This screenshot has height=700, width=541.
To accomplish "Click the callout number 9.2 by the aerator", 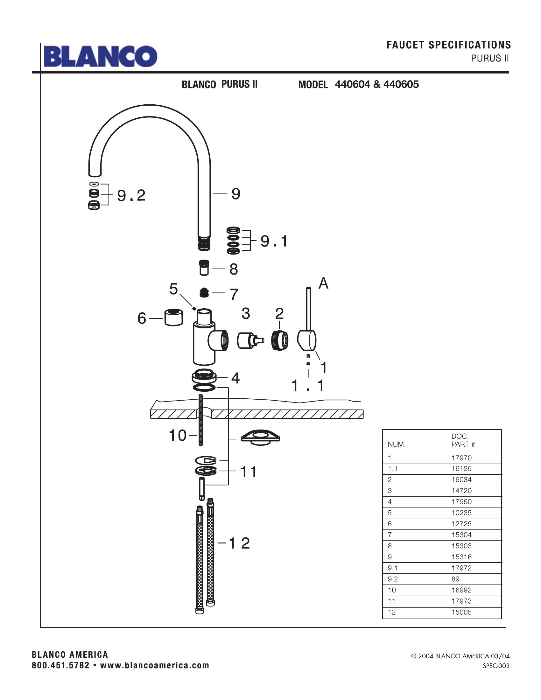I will coord(131,195).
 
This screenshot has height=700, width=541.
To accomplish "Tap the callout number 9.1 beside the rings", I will coord(274,241).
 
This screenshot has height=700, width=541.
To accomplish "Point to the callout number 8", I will coord(233,269).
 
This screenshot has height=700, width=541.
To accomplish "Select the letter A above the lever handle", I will coord(323,283).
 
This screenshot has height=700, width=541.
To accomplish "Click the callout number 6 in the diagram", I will coord(142,318).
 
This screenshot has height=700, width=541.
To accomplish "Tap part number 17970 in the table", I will coord(461,458).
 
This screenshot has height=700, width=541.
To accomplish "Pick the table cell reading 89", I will coord(455,579).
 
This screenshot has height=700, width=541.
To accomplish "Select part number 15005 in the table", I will coord(461,612).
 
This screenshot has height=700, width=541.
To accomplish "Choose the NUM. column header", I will coord(397,444).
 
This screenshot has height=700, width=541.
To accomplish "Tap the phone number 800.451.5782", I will coord(60,665).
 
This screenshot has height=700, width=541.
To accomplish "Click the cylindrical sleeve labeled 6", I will coord(173,317).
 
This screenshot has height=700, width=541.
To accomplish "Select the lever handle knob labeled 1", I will coord(307,340).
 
